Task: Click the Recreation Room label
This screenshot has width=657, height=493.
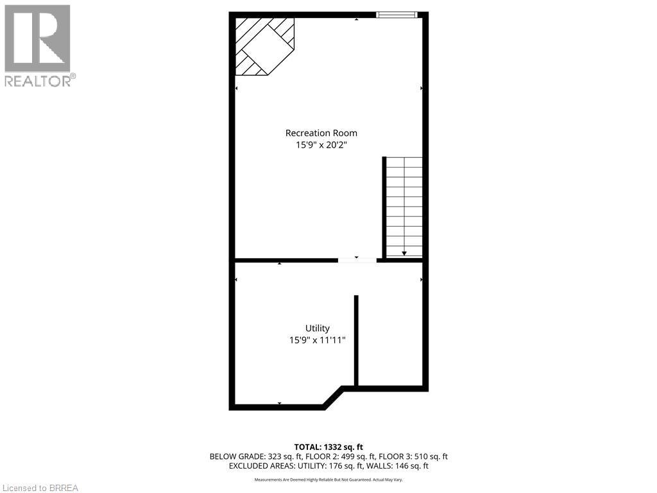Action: (321, 133)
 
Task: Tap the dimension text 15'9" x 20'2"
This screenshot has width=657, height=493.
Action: (321, 145)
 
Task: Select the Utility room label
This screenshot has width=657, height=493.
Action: (317, 328)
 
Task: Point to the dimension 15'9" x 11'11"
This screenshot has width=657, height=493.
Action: (317, 340)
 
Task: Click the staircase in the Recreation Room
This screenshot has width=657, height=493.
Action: (404, 205)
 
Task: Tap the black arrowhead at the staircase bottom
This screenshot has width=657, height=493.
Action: (404, 254)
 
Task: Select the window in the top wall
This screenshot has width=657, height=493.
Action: (397, 15)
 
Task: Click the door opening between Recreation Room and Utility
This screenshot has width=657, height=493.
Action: (357, 260)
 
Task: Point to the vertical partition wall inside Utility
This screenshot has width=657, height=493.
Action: (356, 340)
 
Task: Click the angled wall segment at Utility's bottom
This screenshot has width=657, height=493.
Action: (334, 397)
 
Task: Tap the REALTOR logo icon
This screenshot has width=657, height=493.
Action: (37, 38)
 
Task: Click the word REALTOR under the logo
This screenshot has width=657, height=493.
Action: (38, 81)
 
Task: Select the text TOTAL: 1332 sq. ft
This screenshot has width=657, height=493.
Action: (328, 447)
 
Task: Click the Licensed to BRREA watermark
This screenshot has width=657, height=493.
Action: (40, 488)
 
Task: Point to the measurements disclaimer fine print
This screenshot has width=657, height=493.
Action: (328, 480)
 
